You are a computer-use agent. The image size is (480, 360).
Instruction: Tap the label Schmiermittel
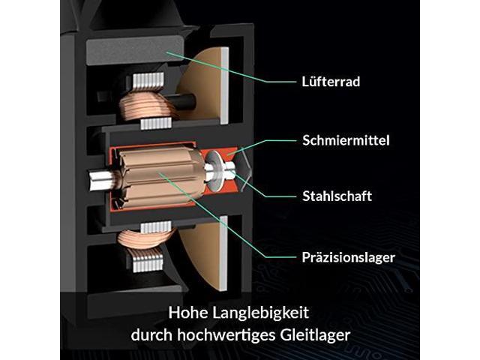[x=346, y=140]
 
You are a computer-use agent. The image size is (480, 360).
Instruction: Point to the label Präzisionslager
[x=348, y=257]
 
